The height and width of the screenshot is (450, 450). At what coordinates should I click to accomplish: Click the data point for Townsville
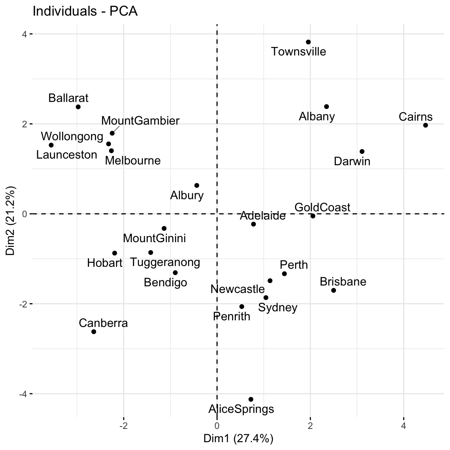click(x=308, y=42)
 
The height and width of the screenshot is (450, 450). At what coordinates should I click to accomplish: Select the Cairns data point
click(x=425, y=125)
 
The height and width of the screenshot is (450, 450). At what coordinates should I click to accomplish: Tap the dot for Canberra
click(x=94, y=332)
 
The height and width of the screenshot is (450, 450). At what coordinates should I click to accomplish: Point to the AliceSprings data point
click(x=251, y=399)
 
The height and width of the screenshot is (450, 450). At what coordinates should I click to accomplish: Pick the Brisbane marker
click(x=334, y=291)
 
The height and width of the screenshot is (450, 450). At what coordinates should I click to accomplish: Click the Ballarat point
click(x=78, y=107)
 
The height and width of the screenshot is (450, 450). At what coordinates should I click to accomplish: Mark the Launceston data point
click(x=51, y=145)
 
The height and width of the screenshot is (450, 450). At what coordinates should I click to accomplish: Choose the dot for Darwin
click(x=362, y=152)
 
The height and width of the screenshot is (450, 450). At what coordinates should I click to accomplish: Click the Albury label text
click(x=187, y=195)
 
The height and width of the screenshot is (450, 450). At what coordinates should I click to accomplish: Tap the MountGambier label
click(x=140, y=121)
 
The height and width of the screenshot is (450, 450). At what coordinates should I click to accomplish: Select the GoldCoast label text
click(x=322, y=207)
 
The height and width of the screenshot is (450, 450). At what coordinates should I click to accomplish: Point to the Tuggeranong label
click(x=165, y=262)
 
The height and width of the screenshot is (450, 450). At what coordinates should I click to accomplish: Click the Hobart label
click(x=105, y=263)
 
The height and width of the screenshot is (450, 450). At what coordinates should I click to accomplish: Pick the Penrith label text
click(x=232, y=316)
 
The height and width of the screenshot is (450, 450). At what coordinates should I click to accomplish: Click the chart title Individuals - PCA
click(x=85, y=11)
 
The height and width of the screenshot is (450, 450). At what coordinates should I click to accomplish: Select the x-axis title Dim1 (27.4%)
click(x=238, y=439)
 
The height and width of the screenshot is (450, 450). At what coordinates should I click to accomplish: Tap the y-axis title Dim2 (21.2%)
click(x=10, y=221)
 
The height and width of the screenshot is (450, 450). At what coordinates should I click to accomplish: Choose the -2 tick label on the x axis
click(x=124, y=426)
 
